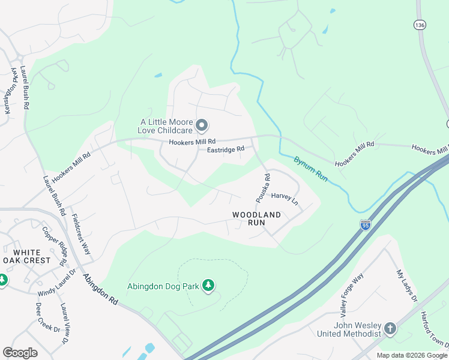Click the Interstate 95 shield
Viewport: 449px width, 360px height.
click(365, 224)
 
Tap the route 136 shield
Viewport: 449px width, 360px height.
click(419, 25)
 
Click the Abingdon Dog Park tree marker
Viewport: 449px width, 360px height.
click(208, 284)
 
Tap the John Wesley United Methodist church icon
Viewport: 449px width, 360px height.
click(390, 328)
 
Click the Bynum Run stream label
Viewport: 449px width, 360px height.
click(310, 169)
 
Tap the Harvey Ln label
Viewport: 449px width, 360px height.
click(285, 198)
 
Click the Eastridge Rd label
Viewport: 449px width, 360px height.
click(226, 149)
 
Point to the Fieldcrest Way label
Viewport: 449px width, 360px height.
click(81, 234)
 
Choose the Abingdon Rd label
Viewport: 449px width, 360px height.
click(100, 288)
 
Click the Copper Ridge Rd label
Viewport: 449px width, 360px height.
click(53, 246)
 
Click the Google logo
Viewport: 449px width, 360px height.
click(20, 353)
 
